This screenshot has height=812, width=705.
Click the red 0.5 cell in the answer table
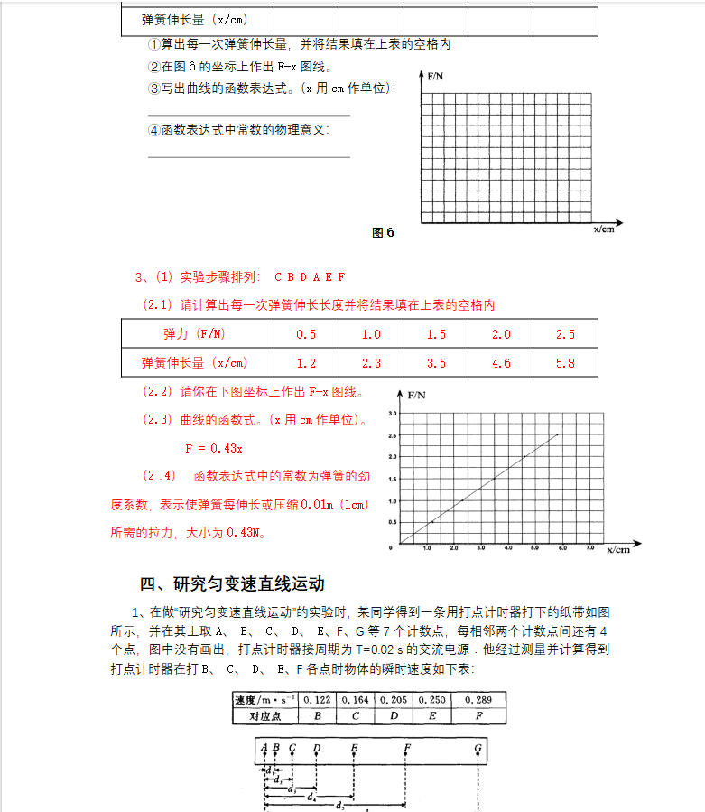(x=306, y=334)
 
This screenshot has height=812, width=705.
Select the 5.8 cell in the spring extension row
(x=565, y=363)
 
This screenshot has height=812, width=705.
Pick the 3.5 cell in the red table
(x=436, y=363)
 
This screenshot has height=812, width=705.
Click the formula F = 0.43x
(x=214, y=448)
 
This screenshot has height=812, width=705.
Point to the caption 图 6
(x=383, y=232)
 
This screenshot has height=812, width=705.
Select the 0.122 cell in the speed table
(x=317, y=700)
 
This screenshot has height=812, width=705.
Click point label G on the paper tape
(x=478, y=748)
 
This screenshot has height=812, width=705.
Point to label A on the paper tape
(x=264, y=748)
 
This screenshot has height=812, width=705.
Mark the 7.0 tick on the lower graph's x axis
(x=589, y=548)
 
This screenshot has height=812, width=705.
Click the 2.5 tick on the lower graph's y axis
(x=392, y=434)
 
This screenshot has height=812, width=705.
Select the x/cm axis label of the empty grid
(x=604, y=230)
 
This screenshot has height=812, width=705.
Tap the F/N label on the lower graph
(x=417, y=396)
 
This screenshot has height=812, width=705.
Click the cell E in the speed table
(x=431, y=715)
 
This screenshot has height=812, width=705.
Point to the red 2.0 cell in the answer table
(x=501, y=334)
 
